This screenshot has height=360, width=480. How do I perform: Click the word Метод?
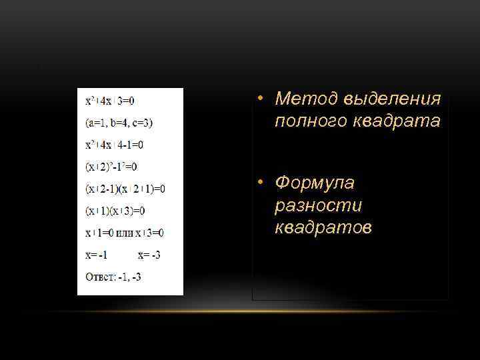[x=307, y=99]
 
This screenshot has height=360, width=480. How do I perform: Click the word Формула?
[x=315, y=183]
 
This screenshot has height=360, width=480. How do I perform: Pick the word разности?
[x=315, y=205]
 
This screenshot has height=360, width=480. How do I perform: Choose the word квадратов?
[x=324, y=228]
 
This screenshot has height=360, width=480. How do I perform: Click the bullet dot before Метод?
[x=263, y=100]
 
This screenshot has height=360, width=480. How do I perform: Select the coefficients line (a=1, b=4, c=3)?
[x=119, y=123]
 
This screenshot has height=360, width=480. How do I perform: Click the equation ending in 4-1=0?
[x=114, y=145]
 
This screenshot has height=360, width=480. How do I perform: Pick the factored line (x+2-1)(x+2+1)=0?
[x=125, y=189]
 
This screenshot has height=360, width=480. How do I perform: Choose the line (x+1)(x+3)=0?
[x=115, y=211]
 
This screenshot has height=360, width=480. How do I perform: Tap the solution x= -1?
[x=97, y=255]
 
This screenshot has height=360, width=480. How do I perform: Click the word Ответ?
[x=98, y=277]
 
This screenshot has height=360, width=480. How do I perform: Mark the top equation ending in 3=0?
[x=109, y=101]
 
